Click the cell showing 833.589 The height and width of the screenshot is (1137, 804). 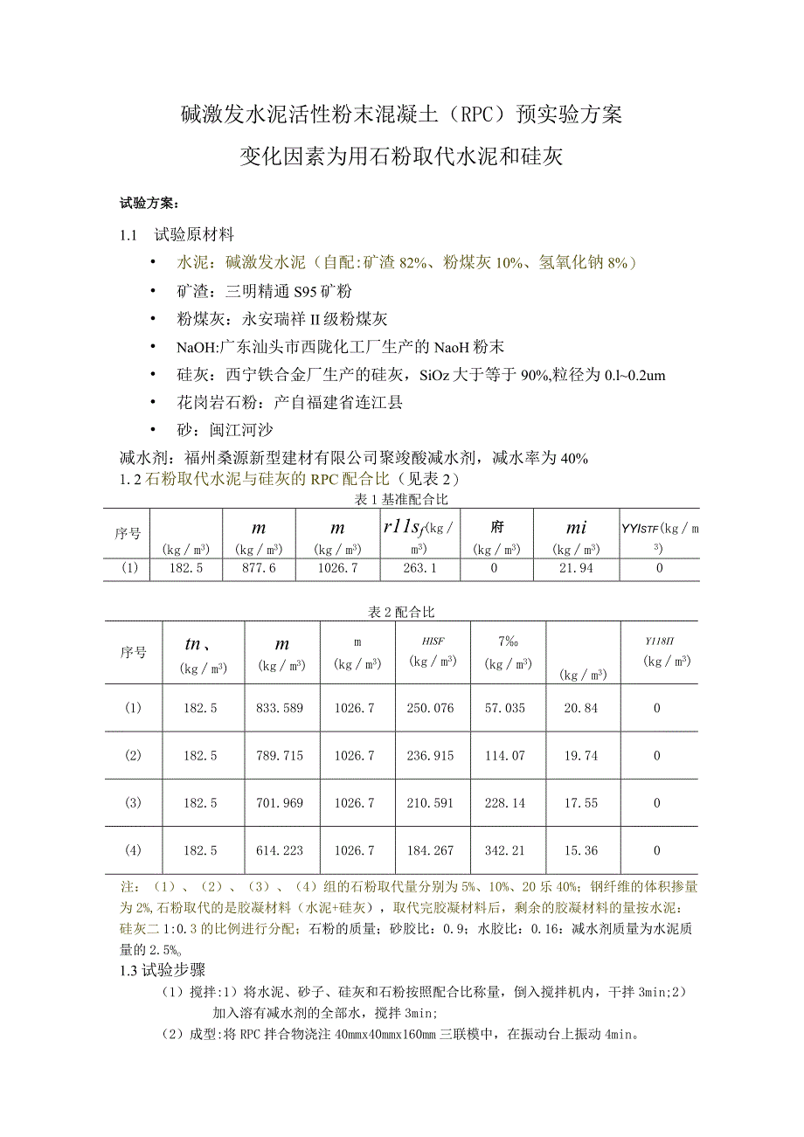(281, 708)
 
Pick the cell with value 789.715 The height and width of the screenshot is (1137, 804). (281, 755)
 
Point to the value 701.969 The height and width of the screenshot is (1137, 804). (281, 802)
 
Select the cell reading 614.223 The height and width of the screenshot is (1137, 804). (281, 850)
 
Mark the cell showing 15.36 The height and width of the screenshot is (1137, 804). (581, 850)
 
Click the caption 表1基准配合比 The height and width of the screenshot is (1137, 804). (401, 499)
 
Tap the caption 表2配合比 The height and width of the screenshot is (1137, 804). (401, 612)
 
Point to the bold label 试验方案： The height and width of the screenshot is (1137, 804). (149, 205)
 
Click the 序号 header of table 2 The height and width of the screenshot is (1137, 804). (133, 652)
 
